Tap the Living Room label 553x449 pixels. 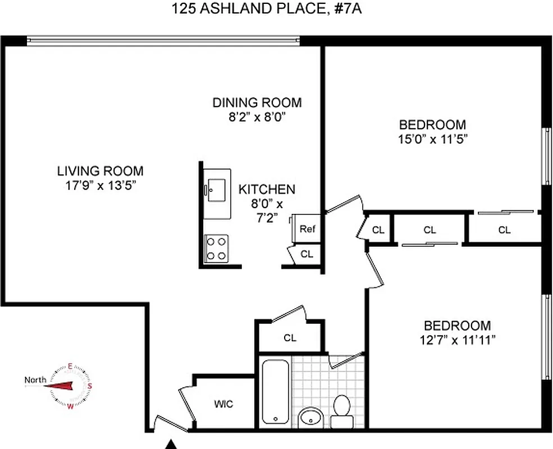[x=100, y=171]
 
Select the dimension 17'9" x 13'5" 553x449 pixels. [x=100, y=186]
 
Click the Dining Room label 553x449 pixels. [x=257, y=103]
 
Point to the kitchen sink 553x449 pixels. [x=216, y=190]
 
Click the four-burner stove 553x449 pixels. [x=217, y=248]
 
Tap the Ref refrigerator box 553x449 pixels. [x=307, y=229]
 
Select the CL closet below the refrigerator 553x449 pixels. [x=306, y=254]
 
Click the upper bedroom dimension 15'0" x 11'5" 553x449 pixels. [x=432, y=140]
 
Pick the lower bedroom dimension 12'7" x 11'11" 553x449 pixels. [x=456, y=340]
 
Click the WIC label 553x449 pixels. [x=223, y=404]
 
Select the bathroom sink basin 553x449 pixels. [x=310, y=418]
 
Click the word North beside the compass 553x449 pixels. [x=35, y=380]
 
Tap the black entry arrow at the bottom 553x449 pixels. [x=170, y=445]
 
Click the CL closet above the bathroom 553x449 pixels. [x=290, y=338]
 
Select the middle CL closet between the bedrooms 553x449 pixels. [x=429, y=229]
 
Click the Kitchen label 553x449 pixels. [x=267, y=189]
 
